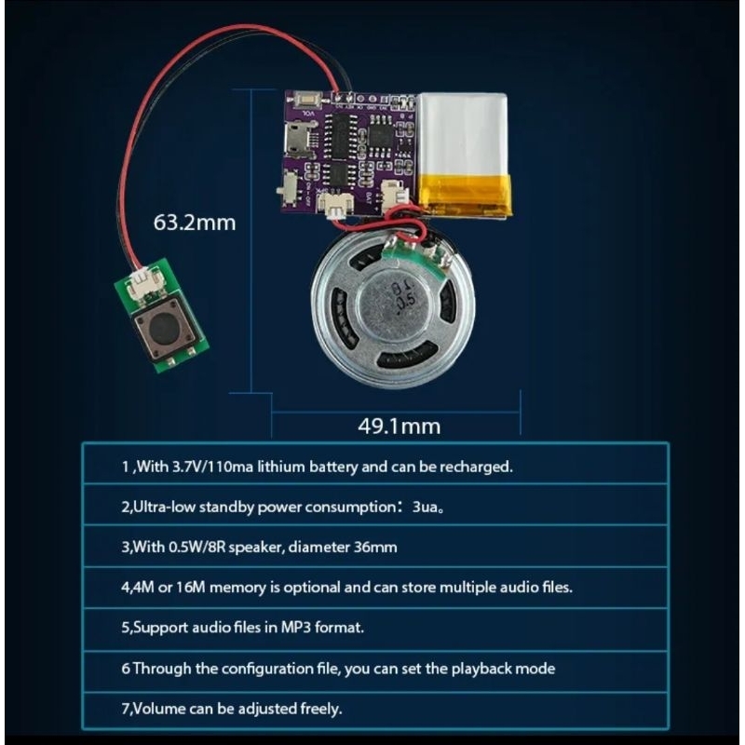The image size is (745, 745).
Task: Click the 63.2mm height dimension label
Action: [195, 223]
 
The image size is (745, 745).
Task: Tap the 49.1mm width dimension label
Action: [400, 426]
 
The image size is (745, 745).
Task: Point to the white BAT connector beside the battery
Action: [394, 196]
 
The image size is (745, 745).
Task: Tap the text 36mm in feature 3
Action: [375, 547]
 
